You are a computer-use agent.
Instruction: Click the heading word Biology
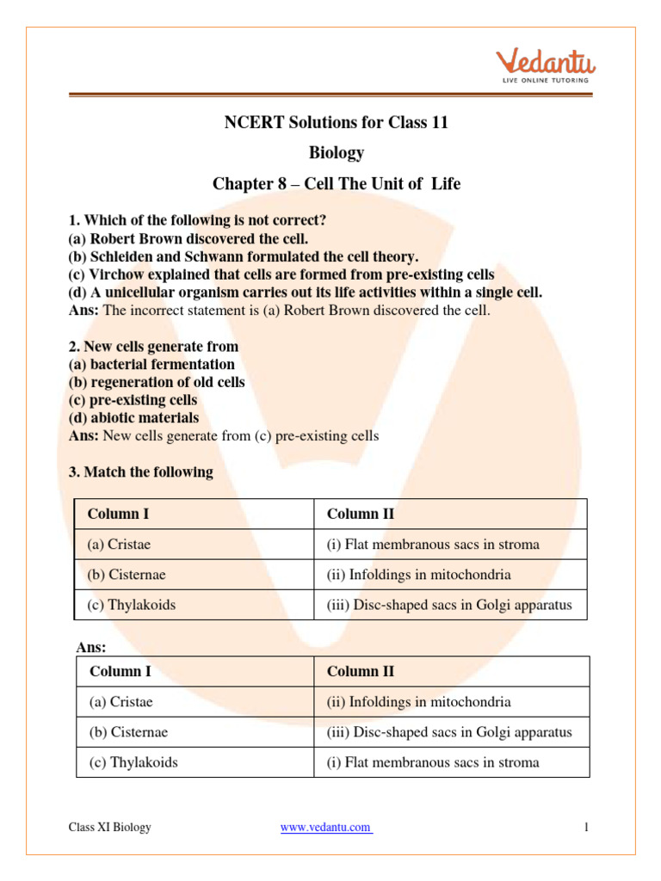(x=337, y=153)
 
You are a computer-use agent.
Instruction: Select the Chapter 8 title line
(x=337, y=184)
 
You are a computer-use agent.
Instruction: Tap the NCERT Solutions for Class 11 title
(x=337, y=122)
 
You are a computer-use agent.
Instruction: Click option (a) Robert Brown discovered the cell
(x=188, y=238)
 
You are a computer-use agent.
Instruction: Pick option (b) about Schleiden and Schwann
(x=244, y=256)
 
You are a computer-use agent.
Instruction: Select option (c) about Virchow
(x=281, y=274)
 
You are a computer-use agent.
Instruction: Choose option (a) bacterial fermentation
(x=151, y=364)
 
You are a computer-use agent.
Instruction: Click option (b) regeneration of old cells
(x=157, y=382)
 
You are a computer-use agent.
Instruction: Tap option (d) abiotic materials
(x=133, y=418)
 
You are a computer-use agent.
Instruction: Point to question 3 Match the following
(x=140, y=472)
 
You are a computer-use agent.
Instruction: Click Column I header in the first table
(x=118, y=514)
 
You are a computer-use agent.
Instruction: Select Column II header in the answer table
(x=361, y=671)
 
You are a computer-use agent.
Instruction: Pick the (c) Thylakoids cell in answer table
(x=133, y=762)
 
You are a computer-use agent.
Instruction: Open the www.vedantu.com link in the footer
(x=326, y=828)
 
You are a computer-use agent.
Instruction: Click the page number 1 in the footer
(x=585, y=828)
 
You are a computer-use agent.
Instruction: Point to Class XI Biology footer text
(x=110, y=828)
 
